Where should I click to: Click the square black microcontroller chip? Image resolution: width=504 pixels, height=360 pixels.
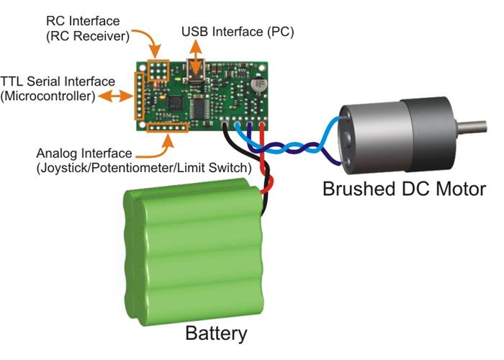(177, 105)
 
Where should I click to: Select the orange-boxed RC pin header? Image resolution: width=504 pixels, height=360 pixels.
(158, 70)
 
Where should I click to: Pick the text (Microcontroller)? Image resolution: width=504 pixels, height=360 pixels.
(49, 96)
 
